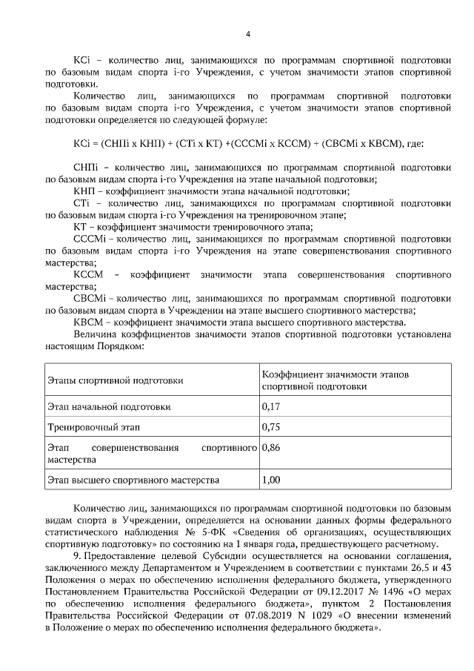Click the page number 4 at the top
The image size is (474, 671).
click(x=248, y=34)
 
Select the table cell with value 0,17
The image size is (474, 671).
click(x=272, y=407)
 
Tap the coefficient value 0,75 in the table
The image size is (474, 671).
click(x=272, y=428)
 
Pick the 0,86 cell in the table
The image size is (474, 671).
click(x=272, y=449)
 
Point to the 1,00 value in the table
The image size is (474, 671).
click(x=272, y=480)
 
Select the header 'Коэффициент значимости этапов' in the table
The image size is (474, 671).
click(x=335, y=374)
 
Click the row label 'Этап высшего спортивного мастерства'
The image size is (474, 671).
click(x=133, y=480)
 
